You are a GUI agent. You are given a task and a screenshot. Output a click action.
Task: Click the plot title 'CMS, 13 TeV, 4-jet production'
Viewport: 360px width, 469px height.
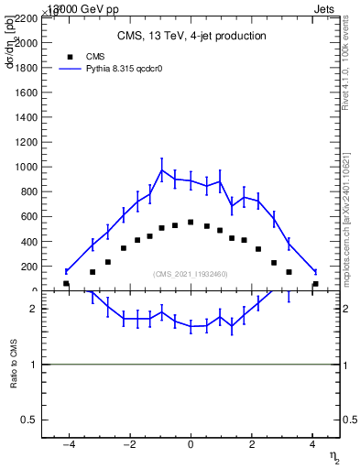point(191,37)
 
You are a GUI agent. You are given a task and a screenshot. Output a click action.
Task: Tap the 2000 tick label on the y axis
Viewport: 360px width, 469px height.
point(27,43)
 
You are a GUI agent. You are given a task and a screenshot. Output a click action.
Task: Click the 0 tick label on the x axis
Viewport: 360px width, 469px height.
point(191,446)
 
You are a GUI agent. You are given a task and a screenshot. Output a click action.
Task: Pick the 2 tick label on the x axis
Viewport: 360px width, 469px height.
point(252,446)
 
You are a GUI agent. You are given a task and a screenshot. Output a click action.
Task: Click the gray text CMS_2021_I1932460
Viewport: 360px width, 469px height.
point(191,274)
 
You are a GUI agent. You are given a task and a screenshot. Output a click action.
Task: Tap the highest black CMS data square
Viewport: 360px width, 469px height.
point(191,222)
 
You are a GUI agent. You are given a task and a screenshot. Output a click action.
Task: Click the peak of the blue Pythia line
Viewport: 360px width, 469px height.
point(162,169)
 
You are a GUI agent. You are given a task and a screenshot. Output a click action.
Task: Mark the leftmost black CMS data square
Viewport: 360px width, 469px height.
point(66,284)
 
